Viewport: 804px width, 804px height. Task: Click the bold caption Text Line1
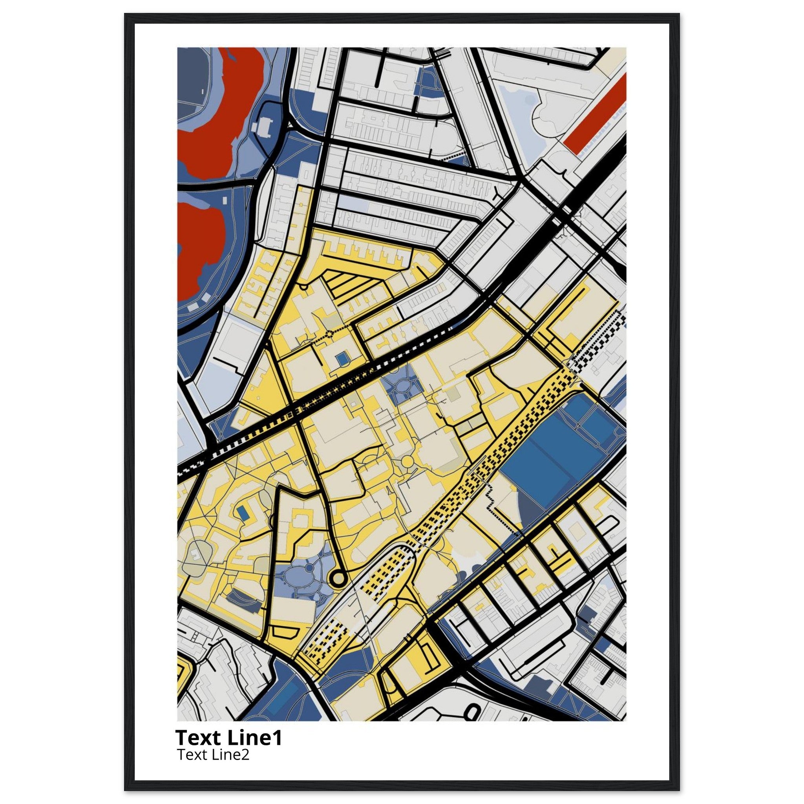tap(228, 737)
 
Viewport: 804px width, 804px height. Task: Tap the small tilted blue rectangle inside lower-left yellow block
tap(243, 513)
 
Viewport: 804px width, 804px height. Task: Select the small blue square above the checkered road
tap(342, 357)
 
